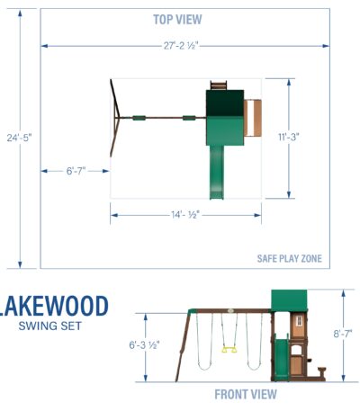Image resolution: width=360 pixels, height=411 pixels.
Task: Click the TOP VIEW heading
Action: tap(177, 20)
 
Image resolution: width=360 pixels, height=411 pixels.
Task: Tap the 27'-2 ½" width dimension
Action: tap(181, 46)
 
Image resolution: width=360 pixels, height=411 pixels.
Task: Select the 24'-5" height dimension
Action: tap(19, 138)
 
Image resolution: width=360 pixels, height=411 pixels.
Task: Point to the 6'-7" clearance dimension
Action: tap(76, 171)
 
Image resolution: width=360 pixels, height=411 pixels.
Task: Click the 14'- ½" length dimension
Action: tap(185, 215)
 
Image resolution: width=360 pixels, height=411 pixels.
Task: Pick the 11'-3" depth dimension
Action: tap(289, 137)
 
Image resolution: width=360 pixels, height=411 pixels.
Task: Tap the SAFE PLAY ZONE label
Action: tap(290, 258)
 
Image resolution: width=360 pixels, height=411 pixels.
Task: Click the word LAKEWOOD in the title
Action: tap(54, 306)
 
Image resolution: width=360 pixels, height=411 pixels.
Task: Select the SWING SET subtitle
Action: tap(49, 326)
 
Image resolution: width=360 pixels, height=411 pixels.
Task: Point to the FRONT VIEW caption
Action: tap(246, 394)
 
